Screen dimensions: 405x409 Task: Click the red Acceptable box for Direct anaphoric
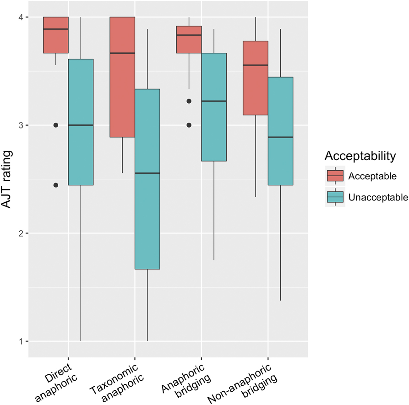coord(55,35)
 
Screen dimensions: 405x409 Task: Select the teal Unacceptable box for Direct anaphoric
coord(81,122)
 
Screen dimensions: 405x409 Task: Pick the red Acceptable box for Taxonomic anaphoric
coord(122,77)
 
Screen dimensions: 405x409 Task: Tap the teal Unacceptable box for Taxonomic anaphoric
coord(147,179)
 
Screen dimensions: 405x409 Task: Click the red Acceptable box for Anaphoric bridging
coord(189,39)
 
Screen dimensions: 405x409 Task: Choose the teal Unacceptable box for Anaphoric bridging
coord(214,107)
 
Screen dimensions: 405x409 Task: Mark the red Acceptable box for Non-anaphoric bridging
coord(255,78)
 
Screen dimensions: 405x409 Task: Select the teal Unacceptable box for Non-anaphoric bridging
coord(280,131)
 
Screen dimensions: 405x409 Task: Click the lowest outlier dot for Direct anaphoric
coord(55,185)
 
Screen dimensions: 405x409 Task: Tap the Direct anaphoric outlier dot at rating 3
coord(55,125)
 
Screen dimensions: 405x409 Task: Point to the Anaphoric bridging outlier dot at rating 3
coord(189,125)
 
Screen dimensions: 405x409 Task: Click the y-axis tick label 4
coord(21,17)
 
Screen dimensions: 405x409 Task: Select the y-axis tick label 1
coord(21,341)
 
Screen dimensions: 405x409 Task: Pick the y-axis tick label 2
coord(21,233)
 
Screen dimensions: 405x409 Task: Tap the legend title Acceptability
coord(360,156)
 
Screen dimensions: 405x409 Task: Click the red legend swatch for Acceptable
coord(335,176)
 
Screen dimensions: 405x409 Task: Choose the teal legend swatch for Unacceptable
coord(335,197)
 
